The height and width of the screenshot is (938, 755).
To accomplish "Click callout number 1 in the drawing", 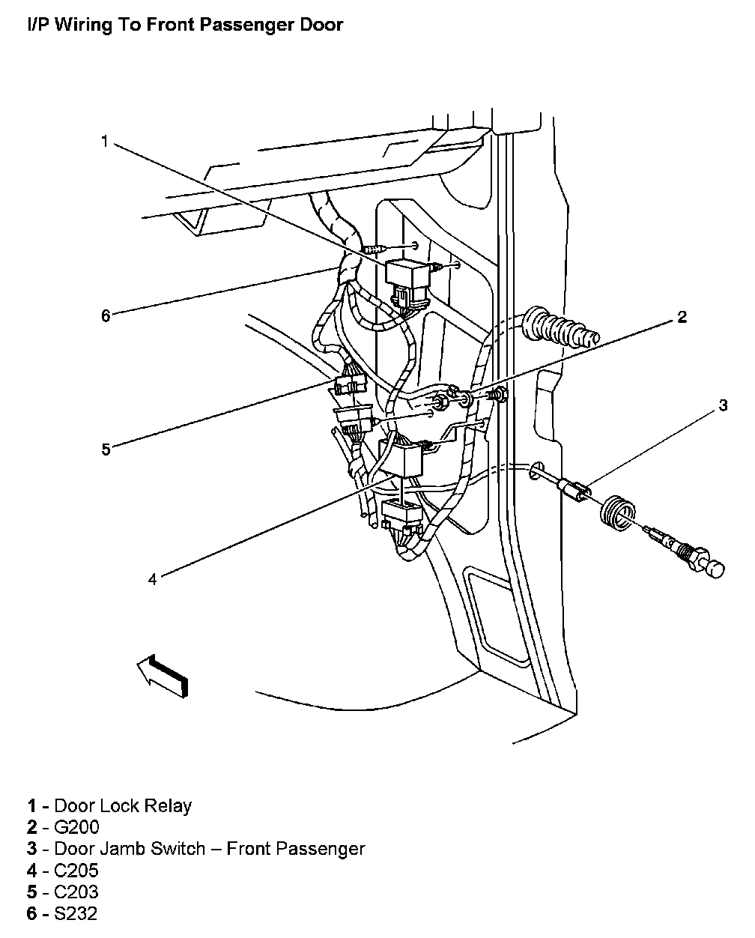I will tap(105, 142).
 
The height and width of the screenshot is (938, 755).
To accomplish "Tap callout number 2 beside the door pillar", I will tap(682, 317).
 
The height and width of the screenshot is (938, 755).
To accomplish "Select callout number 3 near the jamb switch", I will tap(723, 405).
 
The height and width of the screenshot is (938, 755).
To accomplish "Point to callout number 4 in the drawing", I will tap(152, 579).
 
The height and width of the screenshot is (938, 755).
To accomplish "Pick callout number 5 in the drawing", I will tap(106, 450).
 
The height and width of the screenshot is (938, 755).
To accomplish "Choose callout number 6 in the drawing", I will tap(106, 315).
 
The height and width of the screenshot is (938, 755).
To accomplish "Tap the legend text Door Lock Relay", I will tap(123, 806).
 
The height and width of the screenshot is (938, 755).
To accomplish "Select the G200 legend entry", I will tap(76, 828).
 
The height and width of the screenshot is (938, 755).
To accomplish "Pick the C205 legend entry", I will tap(76, 871).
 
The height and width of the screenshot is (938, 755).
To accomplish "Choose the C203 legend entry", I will tap(76, 892).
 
